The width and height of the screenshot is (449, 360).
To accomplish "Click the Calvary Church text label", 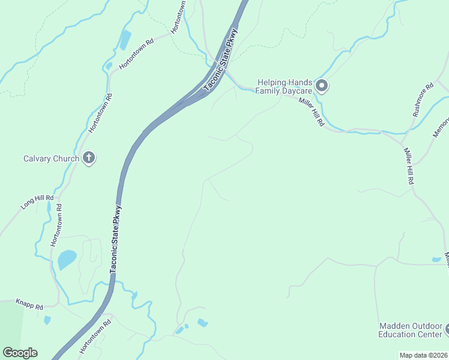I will pyautogui.click(x=51, y=159).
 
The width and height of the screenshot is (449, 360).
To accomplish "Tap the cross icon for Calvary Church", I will pyautogui.click(x=89, y=158).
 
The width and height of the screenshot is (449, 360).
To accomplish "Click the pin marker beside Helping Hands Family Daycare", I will pyautogui.click(x=322, y=86).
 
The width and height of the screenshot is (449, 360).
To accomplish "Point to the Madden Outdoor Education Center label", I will pyautogui.click(x=411, y=331).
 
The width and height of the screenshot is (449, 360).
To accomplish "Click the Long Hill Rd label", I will pyautogui.click(x=37, y=202).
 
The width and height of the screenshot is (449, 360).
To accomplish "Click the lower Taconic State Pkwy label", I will pyautogui.click(x=117, y=240).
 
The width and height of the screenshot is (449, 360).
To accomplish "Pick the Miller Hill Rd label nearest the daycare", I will pyautogui.click(x=312, y=111).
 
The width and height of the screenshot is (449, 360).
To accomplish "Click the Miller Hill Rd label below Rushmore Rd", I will pyautogui.click(x=409, y=166).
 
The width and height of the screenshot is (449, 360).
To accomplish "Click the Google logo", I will pyautogui.click(x=20, y=353).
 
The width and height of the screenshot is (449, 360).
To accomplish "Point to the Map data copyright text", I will pyautogui.click(x=423, y=355).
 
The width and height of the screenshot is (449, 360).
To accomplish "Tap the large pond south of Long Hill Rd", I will pyautogui.click(x=67, y=260).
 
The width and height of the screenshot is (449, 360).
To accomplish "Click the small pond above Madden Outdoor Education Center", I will pyautogui.click(x=436, y=260).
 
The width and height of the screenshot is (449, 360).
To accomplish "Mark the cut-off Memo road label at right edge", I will pyautogui.click(x=441, y=126).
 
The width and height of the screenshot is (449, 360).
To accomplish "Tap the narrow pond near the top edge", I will pyautogui.click(x=125, y=40).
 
